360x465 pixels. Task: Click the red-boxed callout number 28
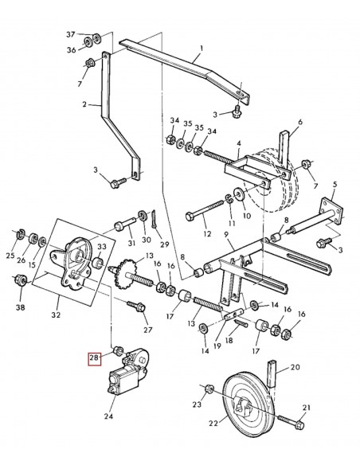(x=94, y=358)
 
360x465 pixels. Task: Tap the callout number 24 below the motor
(x=108, y=416)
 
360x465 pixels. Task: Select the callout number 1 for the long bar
(x=202, y=48)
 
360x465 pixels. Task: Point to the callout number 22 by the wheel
(x=213, y=423)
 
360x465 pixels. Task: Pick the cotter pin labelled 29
(x=155, y=219)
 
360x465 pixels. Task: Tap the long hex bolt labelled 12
(x=205, y=210)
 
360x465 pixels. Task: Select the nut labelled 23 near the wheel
(x=209, y=389)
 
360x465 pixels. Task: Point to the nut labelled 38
(x=21, y=280)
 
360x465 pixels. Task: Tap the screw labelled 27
(x=136, y=306)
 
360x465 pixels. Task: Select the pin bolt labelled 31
(x=125, y=225)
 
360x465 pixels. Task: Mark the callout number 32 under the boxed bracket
(x=56, y=315)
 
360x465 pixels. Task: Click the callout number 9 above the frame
(x=226, y=235)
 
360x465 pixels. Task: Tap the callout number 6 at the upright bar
(x=300, y=122)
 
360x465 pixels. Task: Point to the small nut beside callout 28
(x=117, y=350)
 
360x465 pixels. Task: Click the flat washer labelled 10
(x=238, y=194)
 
